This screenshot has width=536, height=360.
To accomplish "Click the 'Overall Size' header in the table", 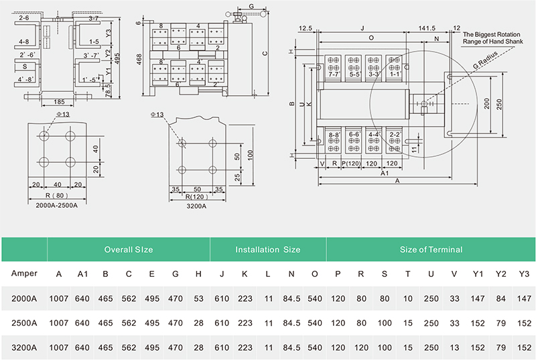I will tap(129, 249).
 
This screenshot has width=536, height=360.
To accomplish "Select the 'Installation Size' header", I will tap(267, 249).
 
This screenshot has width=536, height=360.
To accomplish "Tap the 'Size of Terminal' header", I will tap(431, 249).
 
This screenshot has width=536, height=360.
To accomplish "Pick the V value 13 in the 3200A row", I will tap(454, 347).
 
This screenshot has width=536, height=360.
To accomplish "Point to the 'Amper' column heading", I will tap(24, 274).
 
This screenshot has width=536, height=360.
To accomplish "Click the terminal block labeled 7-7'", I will tap(333, 74).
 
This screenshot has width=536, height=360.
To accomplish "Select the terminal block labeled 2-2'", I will tap(395, 135).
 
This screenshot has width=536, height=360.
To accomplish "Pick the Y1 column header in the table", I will tap(477, 274).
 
